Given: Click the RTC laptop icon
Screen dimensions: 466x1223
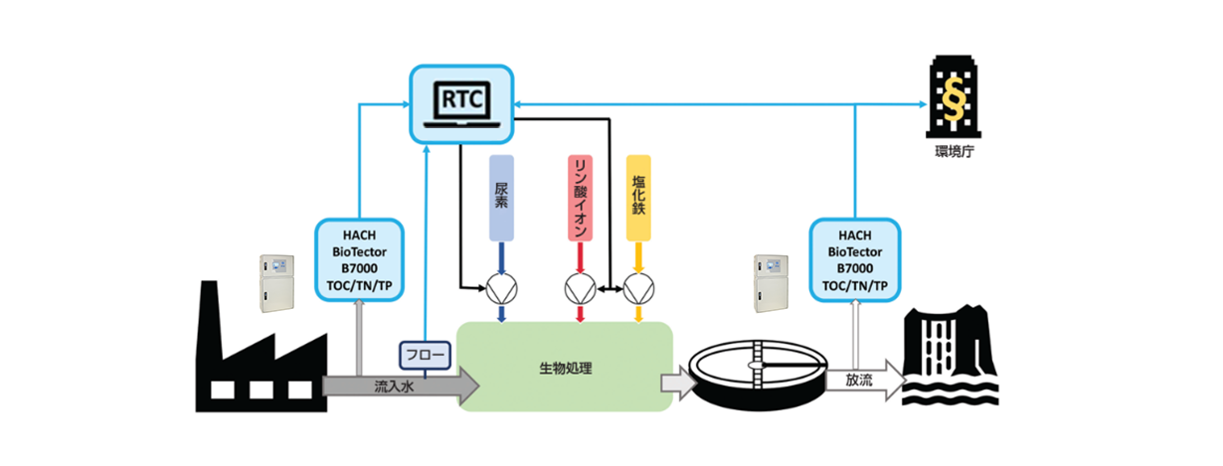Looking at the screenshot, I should (x=460, y=102).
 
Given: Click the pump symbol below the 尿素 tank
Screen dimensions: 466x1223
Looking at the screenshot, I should (x=501, y=288).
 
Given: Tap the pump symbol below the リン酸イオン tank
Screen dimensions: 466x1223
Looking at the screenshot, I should (x=580, y=288).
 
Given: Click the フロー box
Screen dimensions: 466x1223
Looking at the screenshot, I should (x=425, y=354).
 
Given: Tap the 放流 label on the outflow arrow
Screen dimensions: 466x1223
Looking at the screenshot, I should (x=859, y=381).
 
